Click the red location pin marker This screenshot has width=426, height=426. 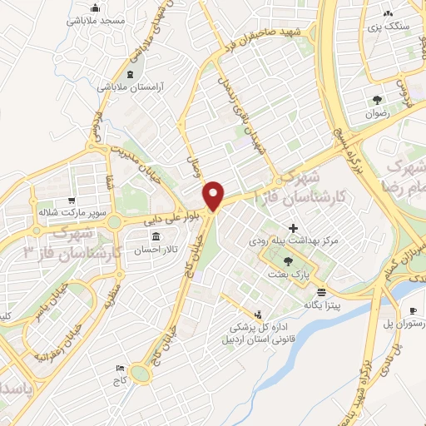coord(215,196)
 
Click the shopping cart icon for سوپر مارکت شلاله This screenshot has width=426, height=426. coord(72,201)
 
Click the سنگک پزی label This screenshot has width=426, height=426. coord(390,26)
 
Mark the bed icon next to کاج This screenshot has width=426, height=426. coord(121,369)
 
